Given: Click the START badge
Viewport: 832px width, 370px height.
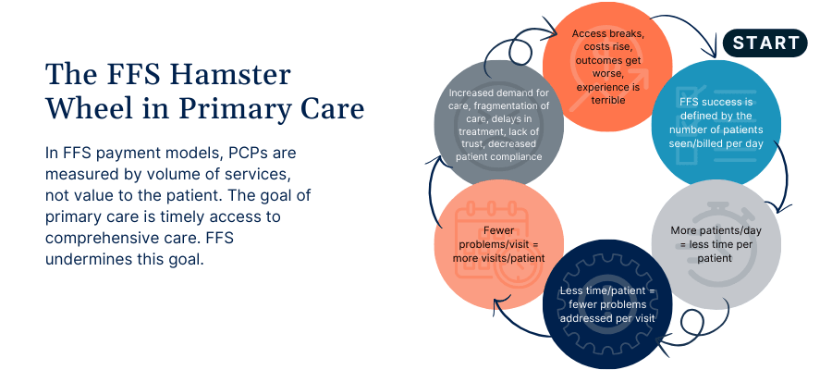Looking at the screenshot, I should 765,43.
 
